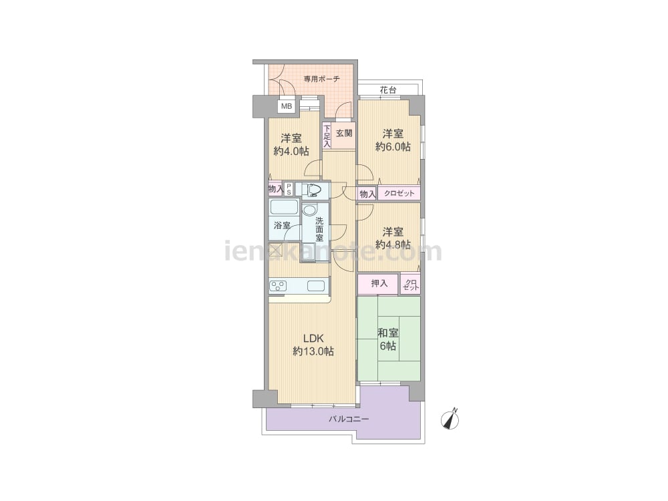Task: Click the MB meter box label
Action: point(287,106)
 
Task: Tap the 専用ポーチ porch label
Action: point(322,79)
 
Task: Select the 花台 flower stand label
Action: point(388,90)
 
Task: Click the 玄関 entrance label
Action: point(344,133)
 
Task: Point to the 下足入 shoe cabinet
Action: point(327,136)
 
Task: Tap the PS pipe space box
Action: point(289,189)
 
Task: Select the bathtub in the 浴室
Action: point(284,208)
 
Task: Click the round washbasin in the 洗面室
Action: point(309,210)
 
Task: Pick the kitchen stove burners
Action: point(278,286)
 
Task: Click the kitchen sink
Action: point(316,286)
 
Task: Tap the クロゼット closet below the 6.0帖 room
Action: point(399,194)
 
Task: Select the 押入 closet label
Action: point(379,283)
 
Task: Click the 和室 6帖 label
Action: point(388,339)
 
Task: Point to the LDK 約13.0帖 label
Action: point(313,345)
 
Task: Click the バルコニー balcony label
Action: point(349,420)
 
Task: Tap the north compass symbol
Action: point(450,419)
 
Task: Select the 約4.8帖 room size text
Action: point(393,244)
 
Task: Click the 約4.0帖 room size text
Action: point(291,151)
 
